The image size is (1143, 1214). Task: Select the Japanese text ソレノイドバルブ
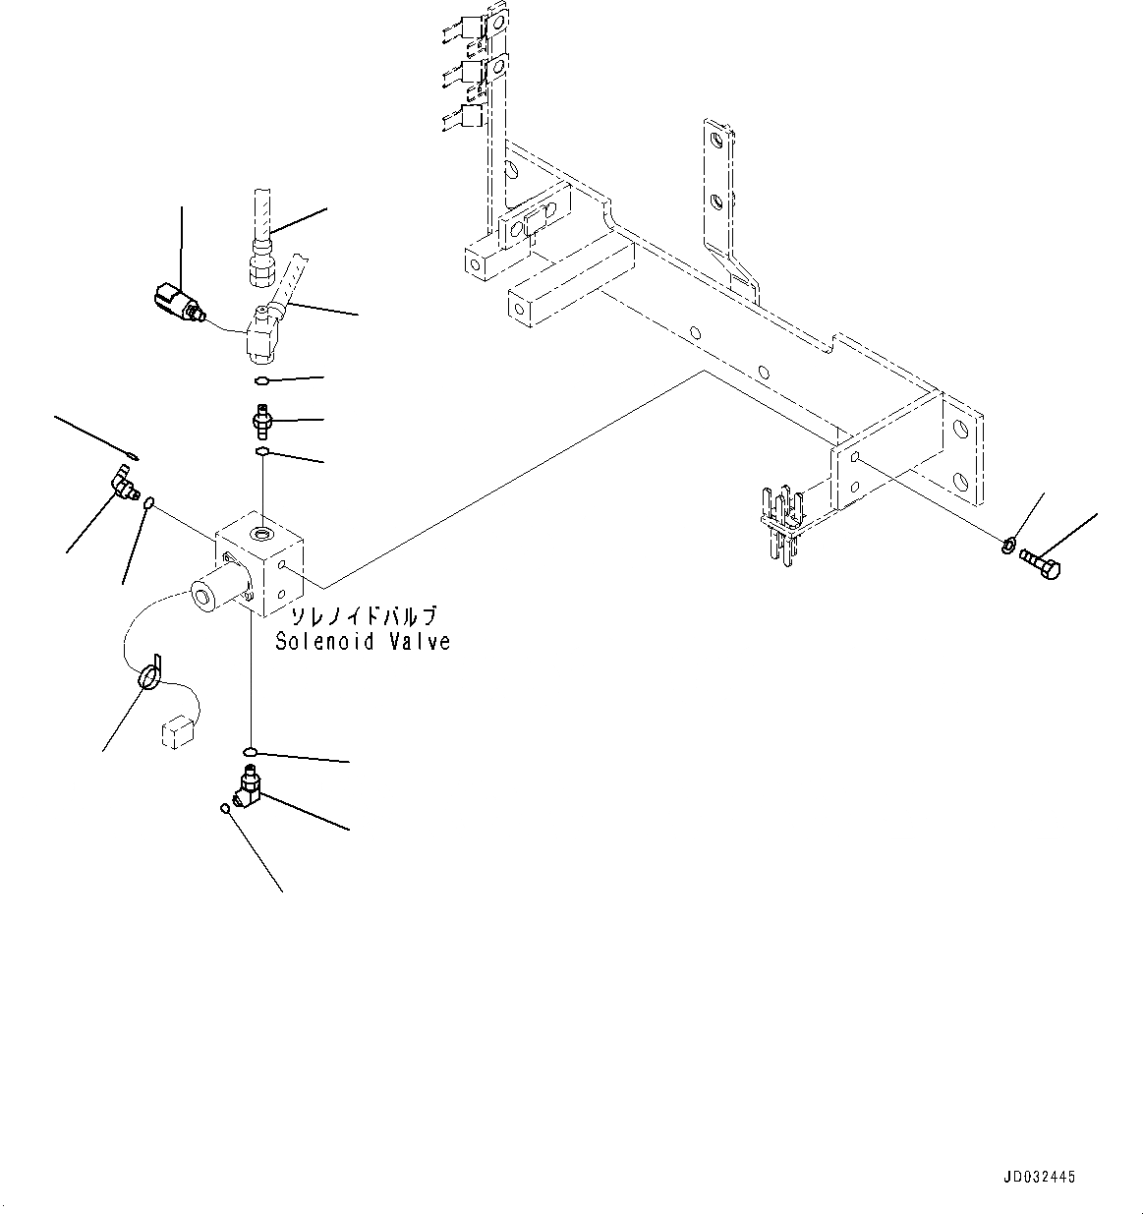point(361,616)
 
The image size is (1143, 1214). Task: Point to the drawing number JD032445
point(1040,1177)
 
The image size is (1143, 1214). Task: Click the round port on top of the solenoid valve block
point(262,535)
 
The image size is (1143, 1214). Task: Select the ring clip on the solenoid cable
point(148,676)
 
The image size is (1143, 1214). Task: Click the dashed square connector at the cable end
point(176,732)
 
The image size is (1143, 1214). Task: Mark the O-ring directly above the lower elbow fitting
point(252,753)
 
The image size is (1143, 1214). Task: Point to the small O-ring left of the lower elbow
point(225,809)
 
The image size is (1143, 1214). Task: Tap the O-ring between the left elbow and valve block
point(148,503)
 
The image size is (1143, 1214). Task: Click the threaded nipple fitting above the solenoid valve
point(261,424)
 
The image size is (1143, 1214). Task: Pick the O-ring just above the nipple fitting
point(260,381)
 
